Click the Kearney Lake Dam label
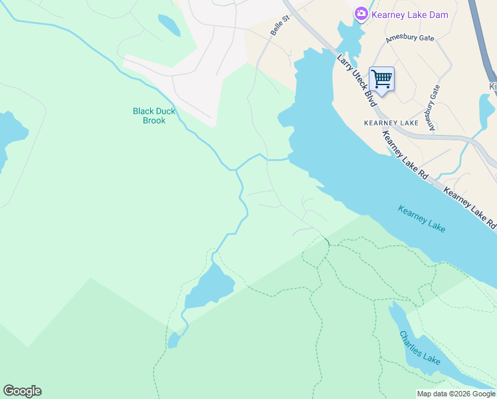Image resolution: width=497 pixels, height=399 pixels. (410, 15)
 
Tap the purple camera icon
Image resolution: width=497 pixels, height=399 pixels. (361, 13)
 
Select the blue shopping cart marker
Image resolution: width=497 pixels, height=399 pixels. (381, 79)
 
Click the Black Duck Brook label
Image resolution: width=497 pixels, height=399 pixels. (154, 116)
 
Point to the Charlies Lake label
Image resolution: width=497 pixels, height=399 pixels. (420, 348)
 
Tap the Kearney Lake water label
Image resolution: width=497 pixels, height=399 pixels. (422, 219)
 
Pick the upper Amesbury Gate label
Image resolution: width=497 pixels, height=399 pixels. (410, 38)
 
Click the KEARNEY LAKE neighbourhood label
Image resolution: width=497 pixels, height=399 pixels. (391, 123)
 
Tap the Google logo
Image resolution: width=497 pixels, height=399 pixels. (22, 391)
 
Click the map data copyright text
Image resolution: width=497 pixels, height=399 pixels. (456, 394)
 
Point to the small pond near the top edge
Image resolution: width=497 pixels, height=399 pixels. (169, 25)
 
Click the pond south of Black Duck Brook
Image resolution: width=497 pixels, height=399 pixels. (211, 286)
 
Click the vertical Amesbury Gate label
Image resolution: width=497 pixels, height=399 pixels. (433, 107)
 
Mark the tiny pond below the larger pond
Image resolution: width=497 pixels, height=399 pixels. (173, 340)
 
